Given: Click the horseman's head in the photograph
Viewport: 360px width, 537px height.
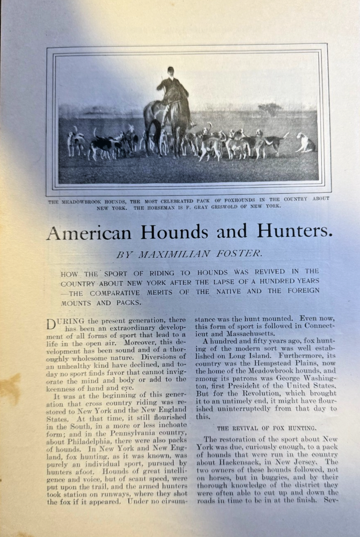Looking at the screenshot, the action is coord(171,70).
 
